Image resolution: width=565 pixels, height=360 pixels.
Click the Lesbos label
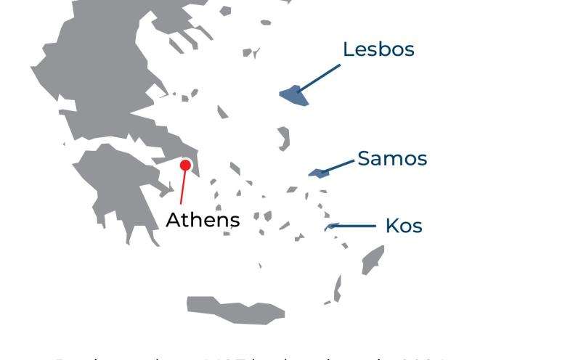(378, 49)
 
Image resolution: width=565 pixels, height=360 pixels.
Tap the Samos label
(392, 158)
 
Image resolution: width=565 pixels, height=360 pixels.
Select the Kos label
(404, 226)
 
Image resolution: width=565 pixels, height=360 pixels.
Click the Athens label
(203, 219)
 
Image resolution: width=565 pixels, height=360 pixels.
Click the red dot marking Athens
(185, 165)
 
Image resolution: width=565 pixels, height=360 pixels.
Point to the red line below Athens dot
(182, 188)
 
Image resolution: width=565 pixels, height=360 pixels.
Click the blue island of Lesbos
(293, 95)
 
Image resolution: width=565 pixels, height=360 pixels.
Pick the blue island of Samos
(318, 173)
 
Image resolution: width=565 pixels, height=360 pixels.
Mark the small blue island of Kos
(328, 227)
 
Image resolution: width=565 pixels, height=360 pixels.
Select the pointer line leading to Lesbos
(320, 78)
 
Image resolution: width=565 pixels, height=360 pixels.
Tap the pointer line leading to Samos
(338, 166)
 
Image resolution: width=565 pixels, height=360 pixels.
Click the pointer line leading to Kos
(354, 226)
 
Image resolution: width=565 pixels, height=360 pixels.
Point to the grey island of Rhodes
(373, 260)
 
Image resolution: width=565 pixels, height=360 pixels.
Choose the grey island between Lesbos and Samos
(283, 138)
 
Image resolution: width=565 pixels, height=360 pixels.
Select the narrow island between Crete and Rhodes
(337, 287)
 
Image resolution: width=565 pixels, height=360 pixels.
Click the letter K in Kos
(391, 226)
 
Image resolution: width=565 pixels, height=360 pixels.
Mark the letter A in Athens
(173, 219)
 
